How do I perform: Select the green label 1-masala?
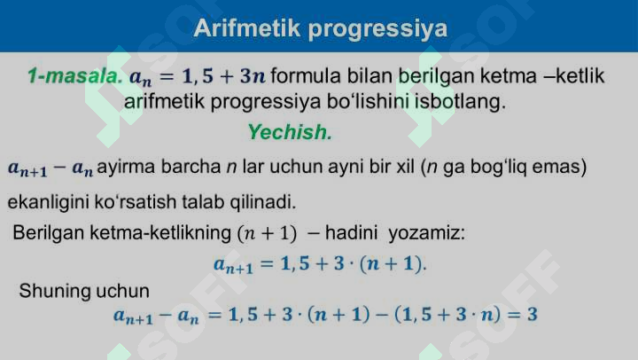75,76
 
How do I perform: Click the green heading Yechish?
289,133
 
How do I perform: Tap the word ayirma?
122,167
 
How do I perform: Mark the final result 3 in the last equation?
533,315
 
